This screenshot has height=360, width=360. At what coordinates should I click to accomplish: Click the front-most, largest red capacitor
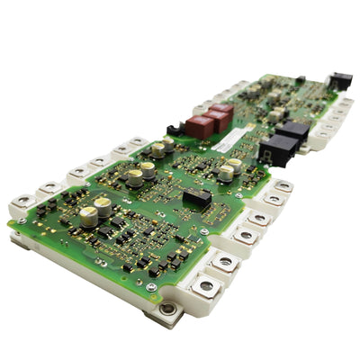coord(200,127)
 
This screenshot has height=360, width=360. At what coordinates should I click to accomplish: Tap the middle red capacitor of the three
coord(212,119)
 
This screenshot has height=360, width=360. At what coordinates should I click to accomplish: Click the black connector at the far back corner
coord(339,81)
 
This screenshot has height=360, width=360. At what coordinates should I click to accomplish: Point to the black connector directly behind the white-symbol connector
coord(292,131)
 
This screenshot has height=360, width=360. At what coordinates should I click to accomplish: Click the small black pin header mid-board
coord(196,196)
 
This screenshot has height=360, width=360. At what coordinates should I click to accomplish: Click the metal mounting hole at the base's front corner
coord(166,310)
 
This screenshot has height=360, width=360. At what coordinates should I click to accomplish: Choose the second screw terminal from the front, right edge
coord(224,264)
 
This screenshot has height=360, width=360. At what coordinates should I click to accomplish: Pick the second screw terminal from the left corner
coord(49,187)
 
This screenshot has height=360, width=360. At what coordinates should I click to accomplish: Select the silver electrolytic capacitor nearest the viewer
coord(88,216)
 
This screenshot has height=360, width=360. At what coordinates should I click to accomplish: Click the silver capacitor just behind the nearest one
coord(103,206)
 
